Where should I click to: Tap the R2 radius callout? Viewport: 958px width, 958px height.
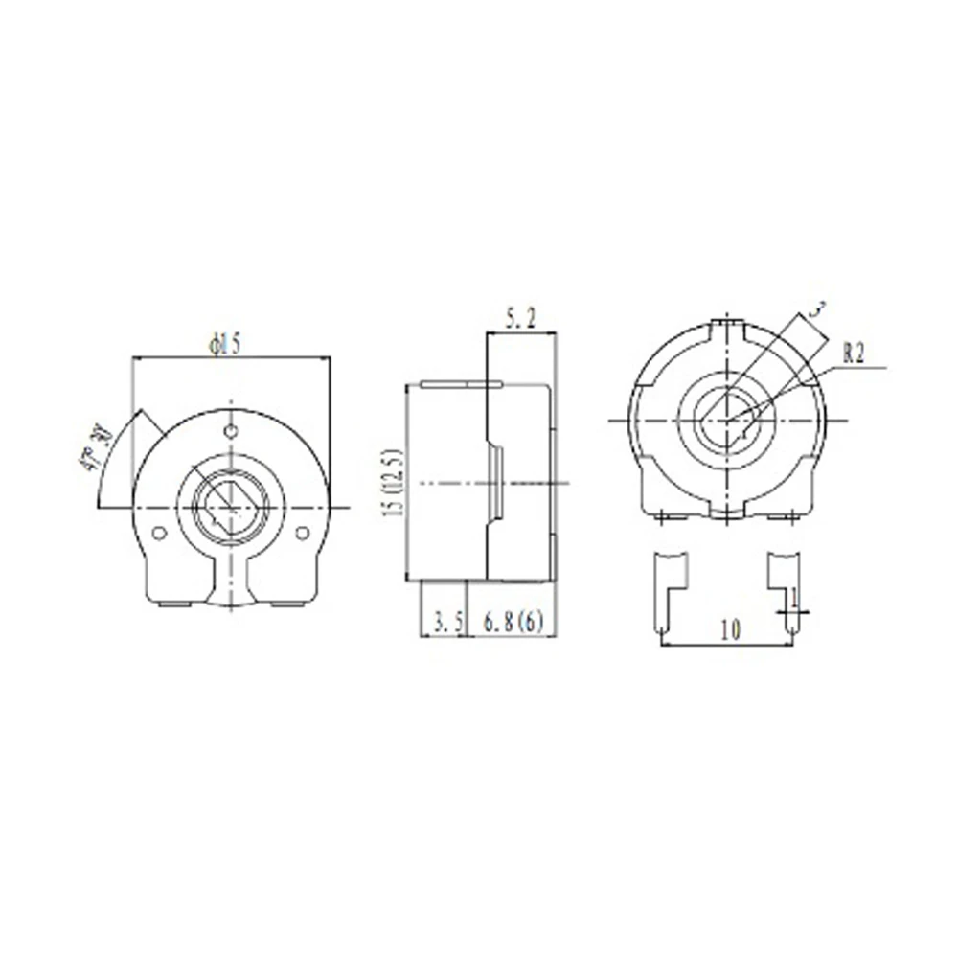853,354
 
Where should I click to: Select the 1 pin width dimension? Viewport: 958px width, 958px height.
794,597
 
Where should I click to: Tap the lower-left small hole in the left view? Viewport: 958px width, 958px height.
160,532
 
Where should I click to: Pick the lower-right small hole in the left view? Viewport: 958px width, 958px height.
304,532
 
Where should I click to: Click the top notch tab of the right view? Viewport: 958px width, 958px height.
731,329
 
